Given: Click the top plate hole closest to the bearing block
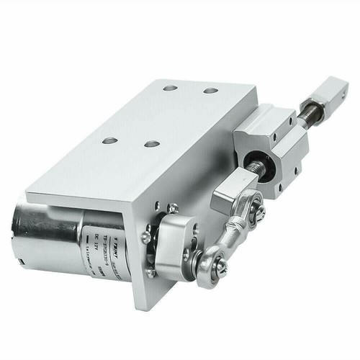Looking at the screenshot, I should (x=211, y=91).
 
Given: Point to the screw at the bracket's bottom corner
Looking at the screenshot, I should (x=150, y=274).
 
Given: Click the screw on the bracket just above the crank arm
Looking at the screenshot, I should (x=173, y=209).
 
